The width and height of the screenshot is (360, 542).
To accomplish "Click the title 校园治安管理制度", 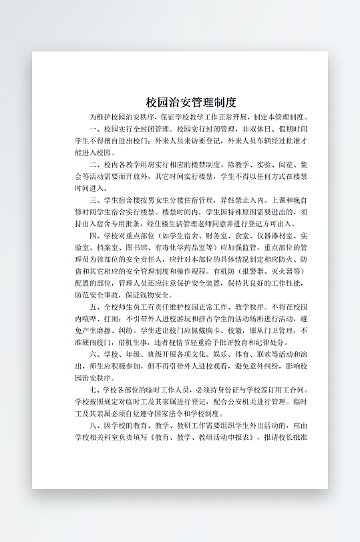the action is point(191,102).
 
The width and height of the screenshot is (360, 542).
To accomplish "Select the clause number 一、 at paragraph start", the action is point(94,129).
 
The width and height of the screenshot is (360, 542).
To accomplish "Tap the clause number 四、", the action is point(94,236).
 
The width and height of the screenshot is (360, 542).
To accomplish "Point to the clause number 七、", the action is point(94,389).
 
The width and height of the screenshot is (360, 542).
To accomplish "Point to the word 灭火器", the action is point(281,272).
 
